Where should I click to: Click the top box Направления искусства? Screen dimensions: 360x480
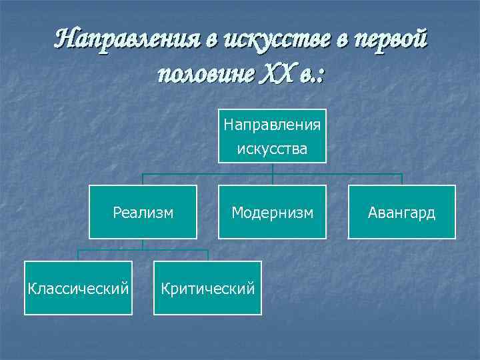tap(272, 136)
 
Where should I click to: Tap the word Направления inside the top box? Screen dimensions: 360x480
tap(272, 125)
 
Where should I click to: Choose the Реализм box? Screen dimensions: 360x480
tap(143, 212)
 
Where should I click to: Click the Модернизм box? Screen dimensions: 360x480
tap(272, 212)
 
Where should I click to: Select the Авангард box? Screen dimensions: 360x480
tap(402, 212)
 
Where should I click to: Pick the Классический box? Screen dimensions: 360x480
tap(77, 288)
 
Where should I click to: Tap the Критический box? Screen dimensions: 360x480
tap(207, 288)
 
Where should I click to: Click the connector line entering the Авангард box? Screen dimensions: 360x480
tap(402, 179)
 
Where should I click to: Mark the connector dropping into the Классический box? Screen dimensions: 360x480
tap(78, 255)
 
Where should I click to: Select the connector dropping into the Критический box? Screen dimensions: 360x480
tap(208, 255)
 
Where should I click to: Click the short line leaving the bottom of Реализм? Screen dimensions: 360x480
tap(143, 244)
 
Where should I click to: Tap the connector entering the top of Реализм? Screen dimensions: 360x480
tap(143, 179)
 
